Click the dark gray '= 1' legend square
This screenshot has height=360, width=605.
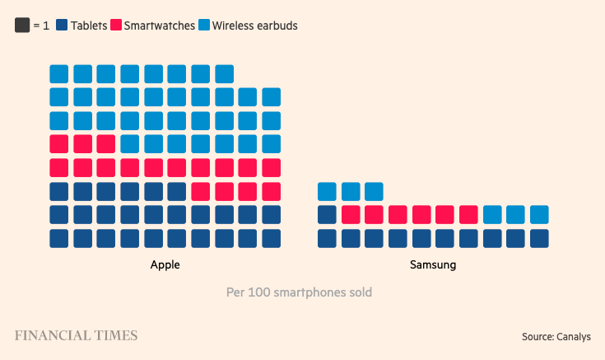[x=22, y=26]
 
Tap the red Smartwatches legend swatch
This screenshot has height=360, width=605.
[x=116, y=26]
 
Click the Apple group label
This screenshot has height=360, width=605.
[x=165, y=265]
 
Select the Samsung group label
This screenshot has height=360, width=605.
[x=433, y=265]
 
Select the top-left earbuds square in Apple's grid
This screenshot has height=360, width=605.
[x=59, y=74]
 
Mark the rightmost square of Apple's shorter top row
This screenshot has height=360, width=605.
[x=225, y=74]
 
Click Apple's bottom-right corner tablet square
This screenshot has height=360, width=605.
[x=272, y=239]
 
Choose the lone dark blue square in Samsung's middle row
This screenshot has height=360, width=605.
[x=327, y=215]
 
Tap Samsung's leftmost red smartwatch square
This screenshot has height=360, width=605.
[x=351, y=215]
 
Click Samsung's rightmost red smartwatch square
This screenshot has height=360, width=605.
[x=468, y=215]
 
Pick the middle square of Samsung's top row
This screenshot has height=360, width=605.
[x=351, y=192]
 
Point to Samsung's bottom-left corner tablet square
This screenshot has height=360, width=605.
[x=327, y=239]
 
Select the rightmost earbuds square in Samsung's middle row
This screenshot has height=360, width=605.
[x=539, y=215]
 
